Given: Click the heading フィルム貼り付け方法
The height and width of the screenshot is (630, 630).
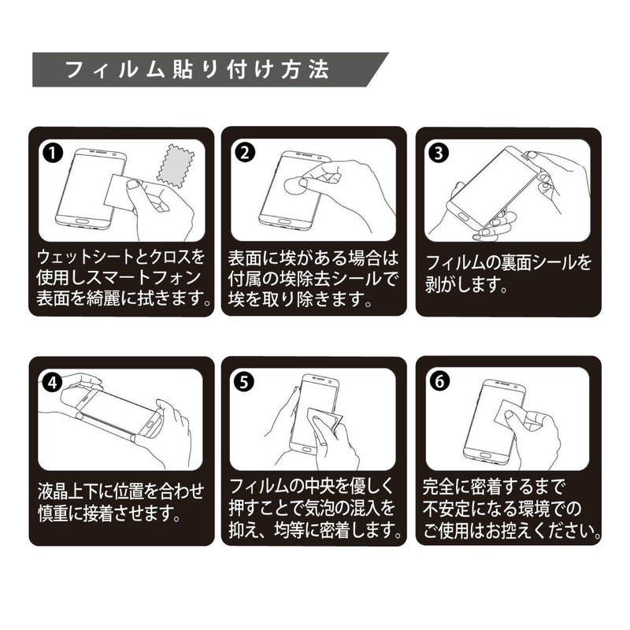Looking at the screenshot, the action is (x=197, y=70).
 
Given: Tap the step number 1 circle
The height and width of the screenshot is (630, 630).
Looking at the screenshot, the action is (x=52, y=153).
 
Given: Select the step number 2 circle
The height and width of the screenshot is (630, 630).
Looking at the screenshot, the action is (x=245, y=153).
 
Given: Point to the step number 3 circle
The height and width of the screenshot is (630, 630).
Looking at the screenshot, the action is (x=438, y=153).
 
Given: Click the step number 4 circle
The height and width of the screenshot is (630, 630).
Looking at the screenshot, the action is (x=52, y=383).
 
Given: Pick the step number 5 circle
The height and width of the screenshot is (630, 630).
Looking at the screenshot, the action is (x=245, y=382).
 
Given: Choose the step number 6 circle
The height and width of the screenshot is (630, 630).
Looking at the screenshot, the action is (x=439, y=381).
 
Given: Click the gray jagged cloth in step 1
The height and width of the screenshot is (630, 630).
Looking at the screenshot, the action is (x=174, y=165).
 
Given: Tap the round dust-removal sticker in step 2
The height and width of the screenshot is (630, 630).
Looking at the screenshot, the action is (x=297, y=185).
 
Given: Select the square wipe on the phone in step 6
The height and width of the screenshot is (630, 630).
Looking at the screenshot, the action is (x=507, y=414).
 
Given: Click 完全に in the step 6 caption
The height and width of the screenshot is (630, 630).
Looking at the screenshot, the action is (x=447, y=487).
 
